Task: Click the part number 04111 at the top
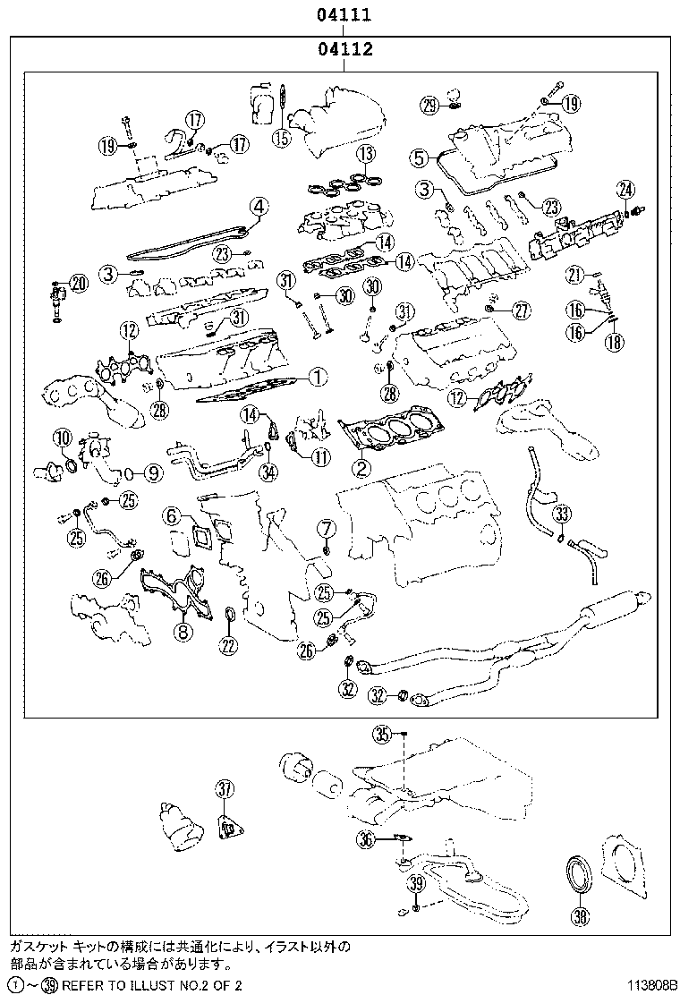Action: point(343,15)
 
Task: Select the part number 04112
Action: point(343,50)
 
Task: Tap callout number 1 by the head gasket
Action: point(315,378)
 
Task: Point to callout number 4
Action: point(258,207)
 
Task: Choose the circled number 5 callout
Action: point(419,158)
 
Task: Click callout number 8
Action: point(182,633)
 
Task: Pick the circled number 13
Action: point(363,154)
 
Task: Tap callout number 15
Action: point(282,137)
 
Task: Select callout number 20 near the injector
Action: point(79,284)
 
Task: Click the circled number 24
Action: point(625,189)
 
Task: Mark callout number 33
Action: point(561,514)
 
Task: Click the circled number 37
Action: point(224,788)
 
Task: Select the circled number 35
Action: point(383,735)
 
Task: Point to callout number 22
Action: point(229,646)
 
